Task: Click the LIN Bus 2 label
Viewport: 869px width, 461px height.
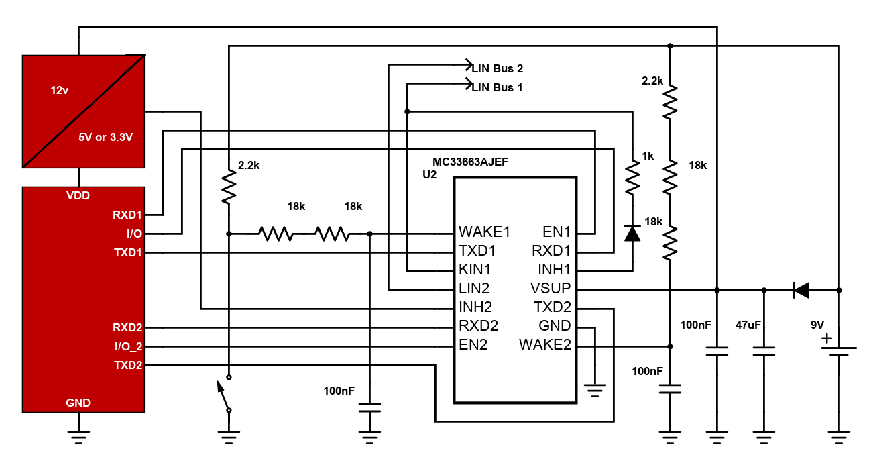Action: tap(498, 68)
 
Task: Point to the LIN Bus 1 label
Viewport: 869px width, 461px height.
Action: tap(497, 87)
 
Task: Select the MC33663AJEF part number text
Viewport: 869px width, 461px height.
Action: tap(470, 162)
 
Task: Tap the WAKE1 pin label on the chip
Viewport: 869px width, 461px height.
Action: tap(484, 232)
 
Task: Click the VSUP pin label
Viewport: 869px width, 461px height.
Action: tap(551, 288)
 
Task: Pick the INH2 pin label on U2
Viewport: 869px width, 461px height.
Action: tap(475, 307)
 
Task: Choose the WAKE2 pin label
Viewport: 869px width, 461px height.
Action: tap(545, 344)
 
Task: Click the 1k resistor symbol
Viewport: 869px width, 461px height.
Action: tap(632, 177)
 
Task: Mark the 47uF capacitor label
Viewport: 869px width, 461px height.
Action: tap(748, 325)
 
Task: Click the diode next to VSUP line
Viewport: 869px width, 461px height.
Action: tap(801, 290)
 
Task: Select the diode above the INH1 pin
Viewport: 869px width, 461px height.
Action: tap(632, 234)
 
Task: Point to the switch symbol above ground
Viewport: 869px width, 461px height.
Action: tap(226, 394)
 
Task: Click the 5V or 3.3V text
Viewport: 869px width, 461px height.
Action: tap(105, 137)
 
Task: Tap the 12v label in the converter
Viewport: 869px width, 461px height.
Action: tap(60, 91)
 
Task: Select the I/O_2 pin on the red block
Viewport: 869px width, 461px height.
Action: tap(129, 346)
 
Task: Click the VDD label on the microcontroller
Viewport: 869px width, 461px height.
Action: tap(78, 195)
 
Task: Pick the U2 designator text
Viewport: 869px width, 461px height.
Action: tap(429, 174)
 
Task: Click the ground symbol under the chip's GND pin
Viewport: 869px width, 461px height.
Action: tap(595, 391)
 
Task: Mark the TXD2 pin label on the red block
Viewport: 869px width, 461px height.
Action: tap(128, 366)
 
